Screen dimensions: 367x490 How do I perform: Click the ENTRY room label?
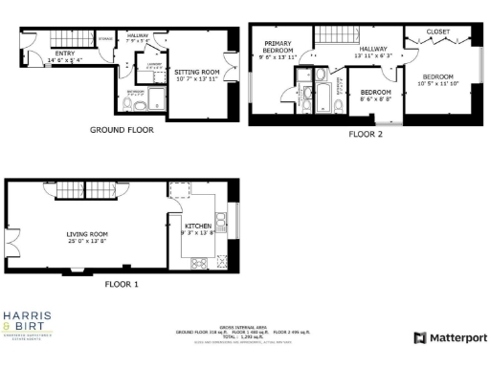(x=65, y=54)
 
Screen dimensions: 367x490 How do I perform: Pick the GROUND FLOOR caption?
(x=122, y=129)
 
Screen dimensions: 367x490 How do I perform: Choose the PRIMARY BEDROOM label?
(x=278, y=47)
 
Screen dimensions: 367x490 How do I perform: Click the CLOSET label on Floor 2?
(x=438, y=32)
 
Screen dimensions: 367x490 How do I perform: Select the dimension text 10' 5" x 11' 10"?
(x=439, y=83)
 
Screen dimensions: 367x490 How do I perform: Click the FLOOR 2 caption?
(x=366, y=136)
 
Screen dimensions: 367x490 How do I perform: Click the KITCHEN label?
(x=185, y=227)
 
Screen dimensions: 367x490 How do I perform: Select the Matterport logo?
(x=450, y=337)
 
